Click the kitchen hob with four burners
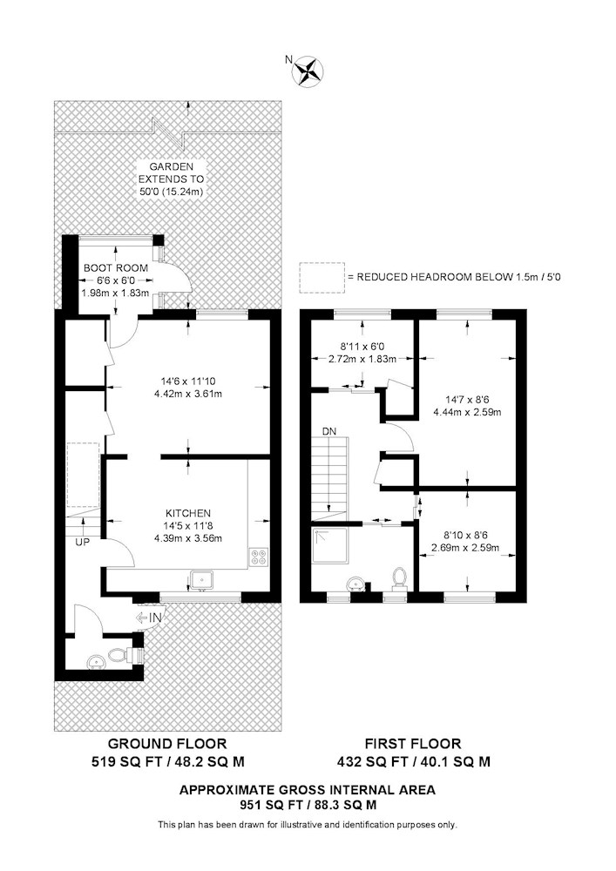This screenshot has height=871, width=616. point(259,556)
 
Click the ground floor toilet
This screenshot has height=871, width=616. point(135,654)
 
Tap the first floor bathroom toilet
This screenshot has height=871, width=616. point(400,577)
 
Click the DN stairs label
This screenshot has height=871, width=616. point(328,431)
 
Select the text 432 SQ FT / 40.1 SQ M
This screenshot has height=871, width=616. point(413,761)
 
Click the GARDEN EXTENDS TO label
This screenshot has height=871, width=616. point(165,172)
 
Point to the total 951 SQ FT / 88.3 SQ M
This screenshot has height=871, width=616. point(308,806)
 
